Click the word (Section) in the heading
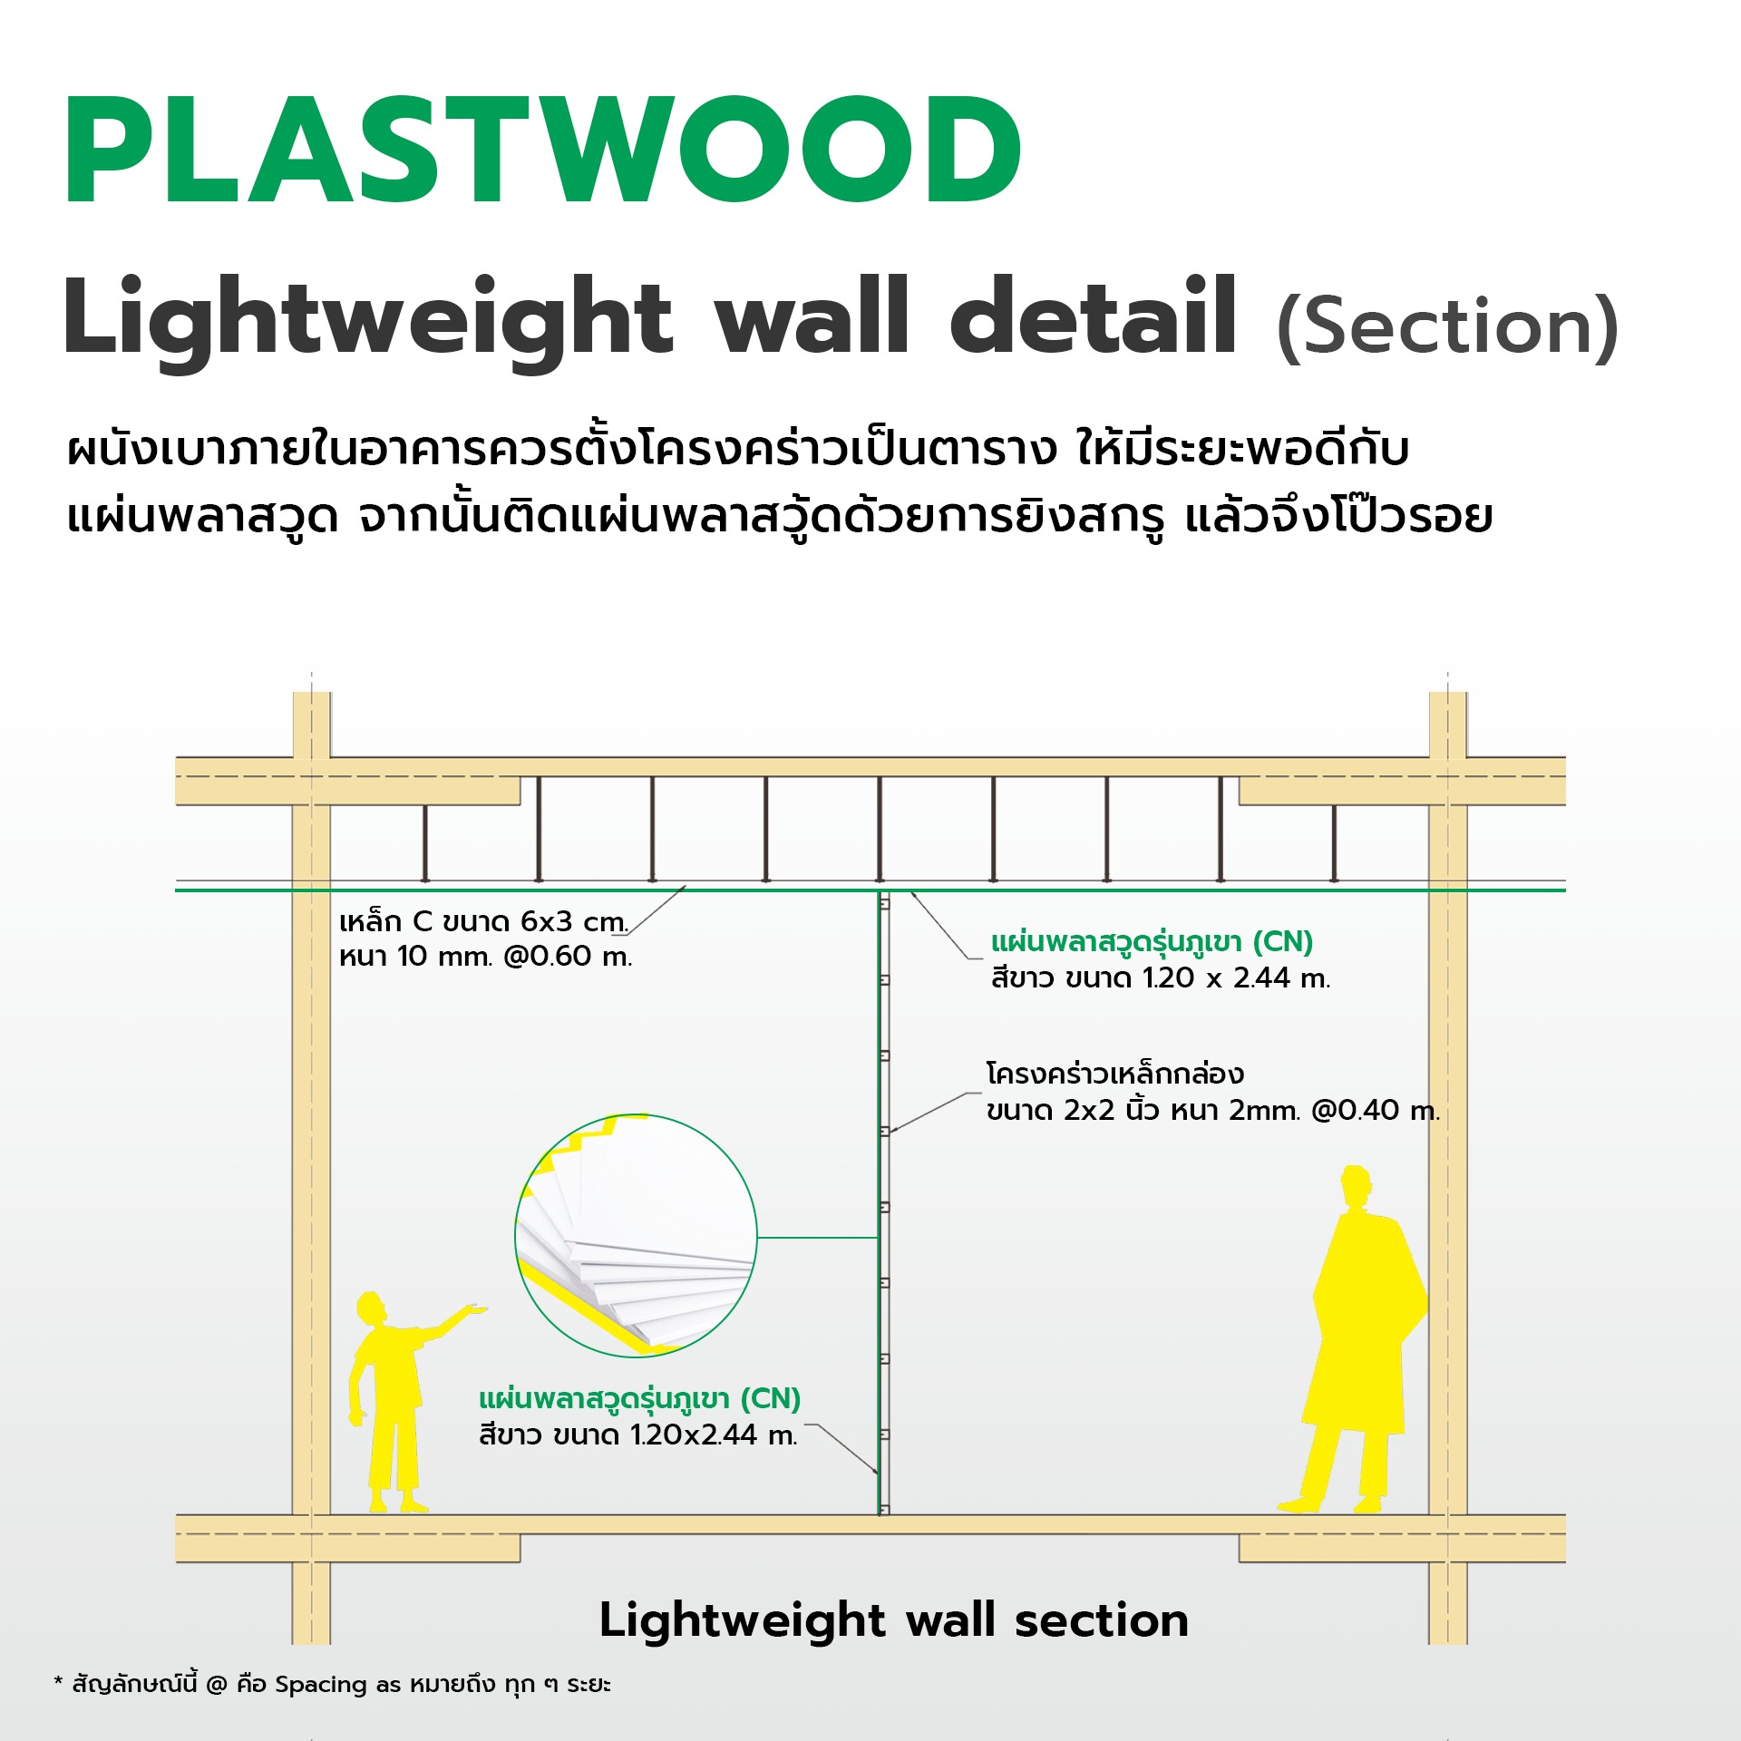pos(1447,326)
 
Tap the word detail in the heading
pos(1093,317)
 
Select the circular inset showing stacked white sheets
pos(636,1236)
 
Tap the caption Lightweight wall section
pos(893,1620)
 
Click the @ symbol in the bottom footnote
pos(216,1685)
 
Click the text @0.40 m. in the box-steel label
pos(1375,1111)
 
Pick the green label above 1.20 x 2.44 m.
pos(1152,942)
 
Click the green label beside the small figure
pos(639,1399)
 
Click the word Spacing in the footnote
pos(322,1685)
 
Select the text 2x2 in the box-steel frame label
pos(1088,1111)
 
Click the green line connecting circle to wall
pos(817,1237)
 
